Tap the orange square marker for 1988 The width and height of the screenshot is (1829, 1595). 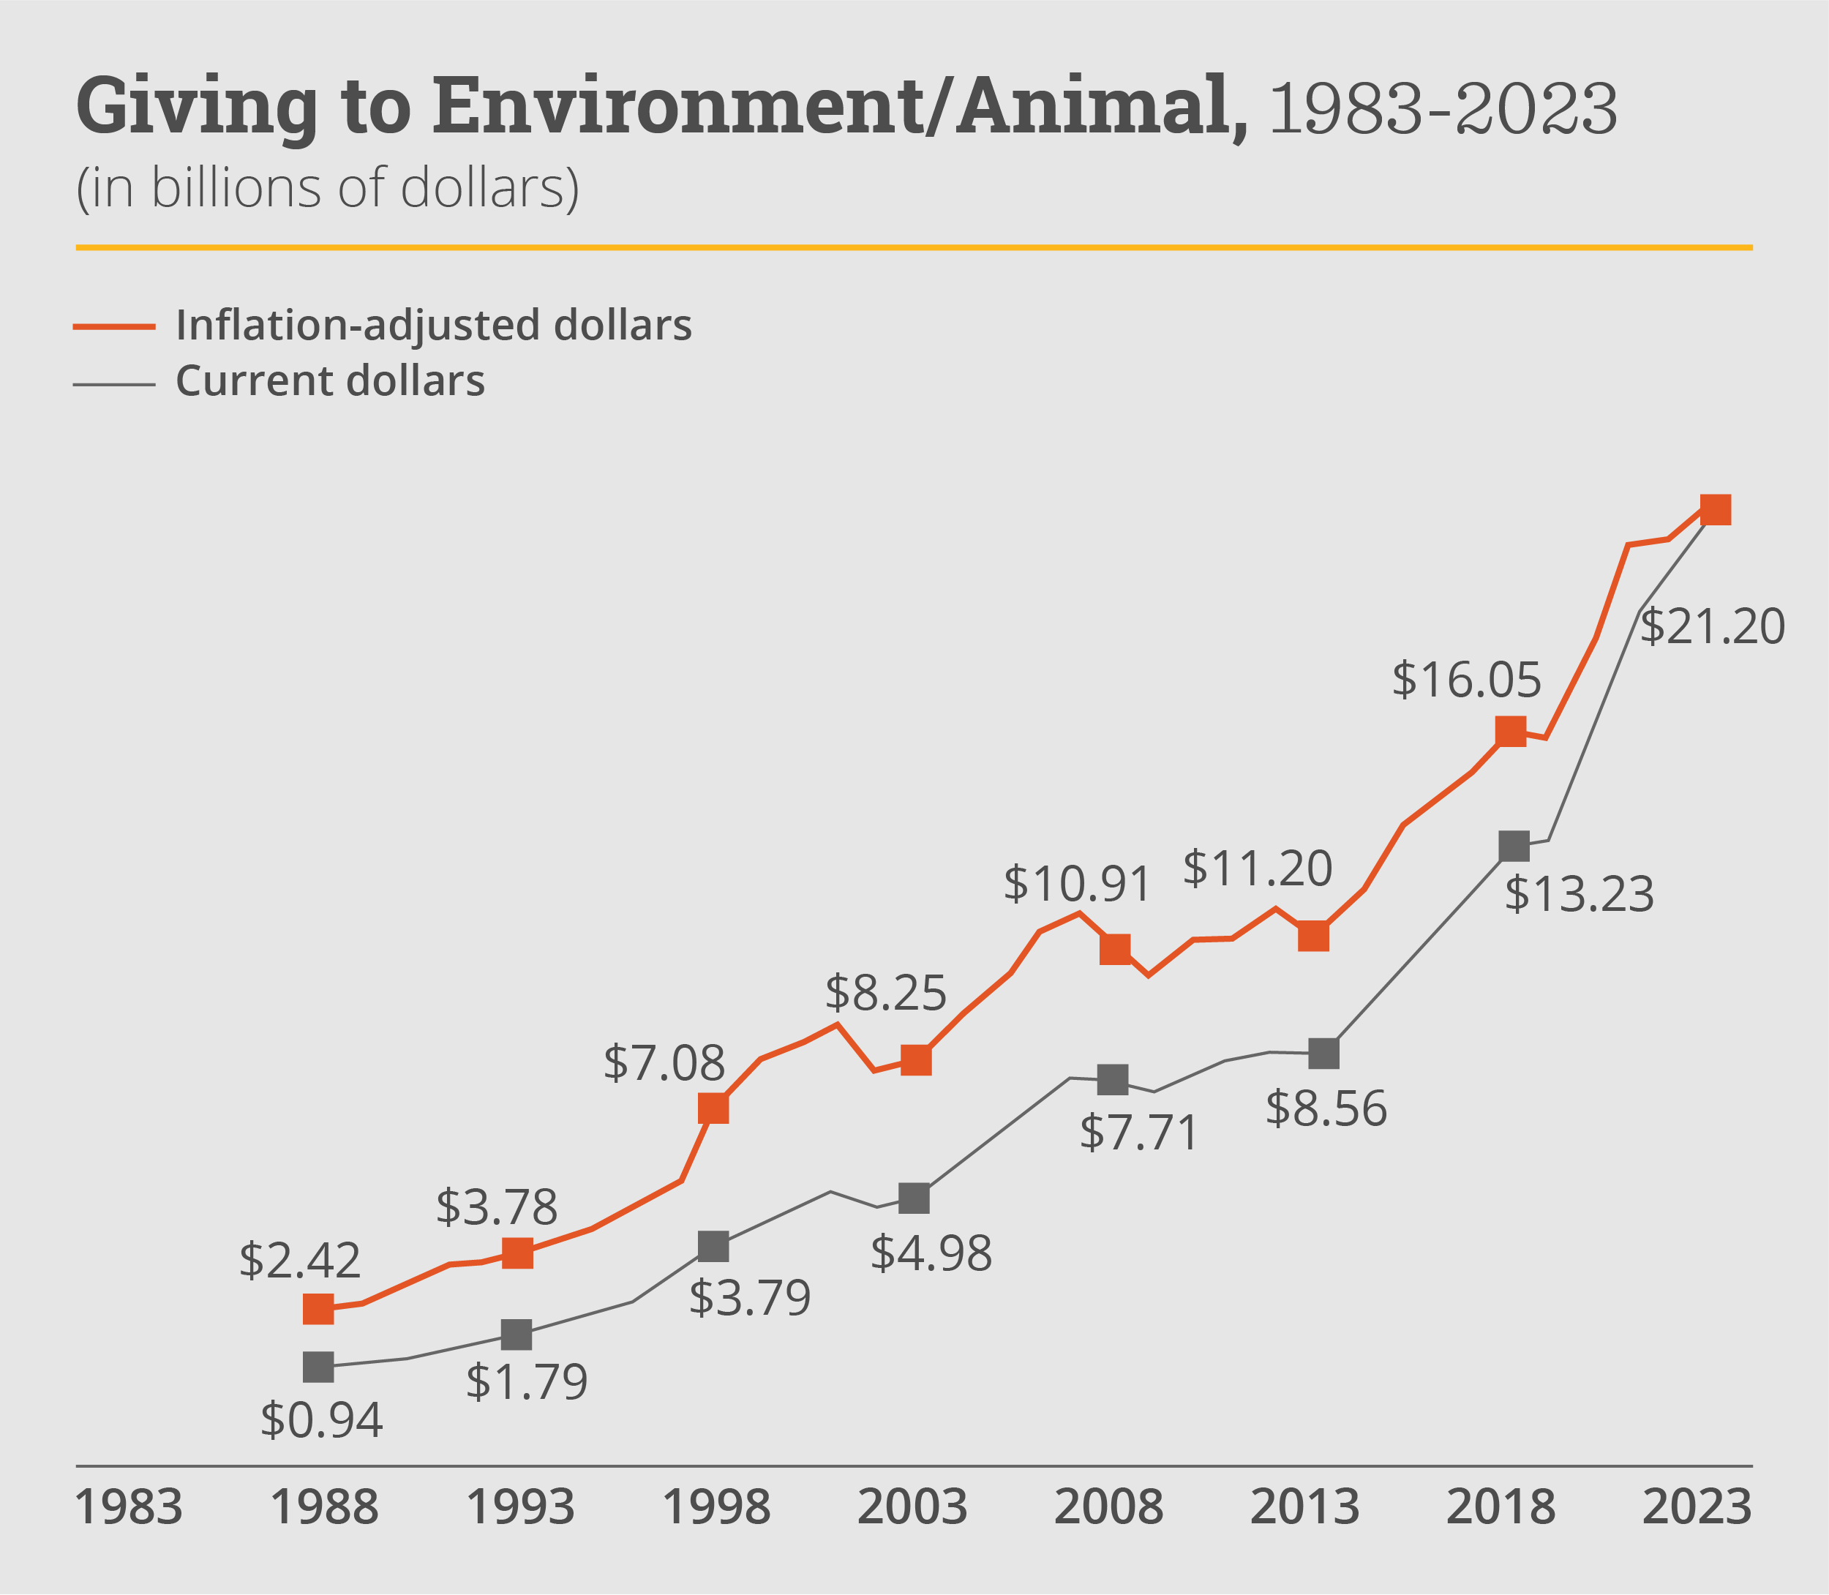pos(319,1309)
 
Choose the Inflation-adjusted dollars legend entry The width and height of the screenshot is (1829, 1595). pos(433,325)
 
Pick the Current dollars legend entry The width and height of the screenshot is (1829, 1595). pos(330,381)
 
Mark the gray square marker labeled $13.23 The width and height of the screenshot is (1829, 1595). pos(1514,847)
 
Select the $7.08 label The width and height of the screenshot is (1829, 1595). pos(664,1063)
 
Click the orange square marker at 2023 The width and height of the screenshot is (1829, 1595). pos(1715,510)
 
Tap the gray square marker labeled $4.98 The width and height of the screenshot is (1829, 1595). pos(914,1198)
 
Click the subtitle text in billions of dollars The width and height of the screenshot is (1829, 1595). pos(328,189)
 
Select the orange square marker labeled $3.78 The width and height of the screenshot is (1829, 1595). pos(518,1253)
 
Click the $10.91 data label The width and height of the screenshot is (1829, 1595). pos(1078,885)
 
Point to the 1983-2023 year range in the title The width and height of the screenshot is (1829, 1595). pos(1443,108)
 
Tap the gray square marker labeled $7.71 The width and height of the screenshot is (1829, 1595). pos(1113,1080)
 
